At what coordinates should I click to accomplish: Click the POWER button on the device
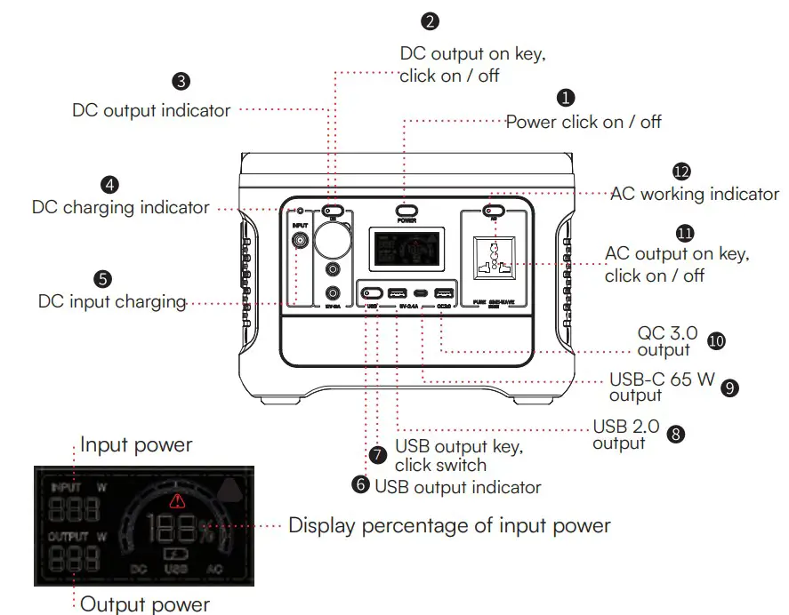[407, 212]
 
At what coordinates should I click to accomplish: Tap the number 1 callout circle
[566, 97]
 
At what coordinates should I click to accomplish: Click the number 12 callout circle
[681, 171]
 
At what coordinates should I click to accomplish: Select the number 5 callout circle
[103, 278]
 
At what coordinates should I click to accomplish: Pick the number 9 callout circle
[730, 387]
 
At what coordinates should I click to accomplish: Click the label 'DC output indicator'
[151, 111]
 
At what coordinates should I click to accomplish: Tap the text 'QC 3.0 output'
[664, 341]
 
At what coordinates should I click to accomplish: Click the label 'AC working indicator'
[694, 194]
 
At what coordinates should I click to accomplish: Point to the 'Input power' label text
[136, 443]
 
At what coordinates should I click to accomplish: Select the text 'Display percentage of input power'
[449, 525]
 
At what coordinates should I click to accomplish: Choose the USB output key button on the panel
[371, 292]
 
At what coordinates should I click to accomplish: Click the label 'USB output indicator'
[457, 486]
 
